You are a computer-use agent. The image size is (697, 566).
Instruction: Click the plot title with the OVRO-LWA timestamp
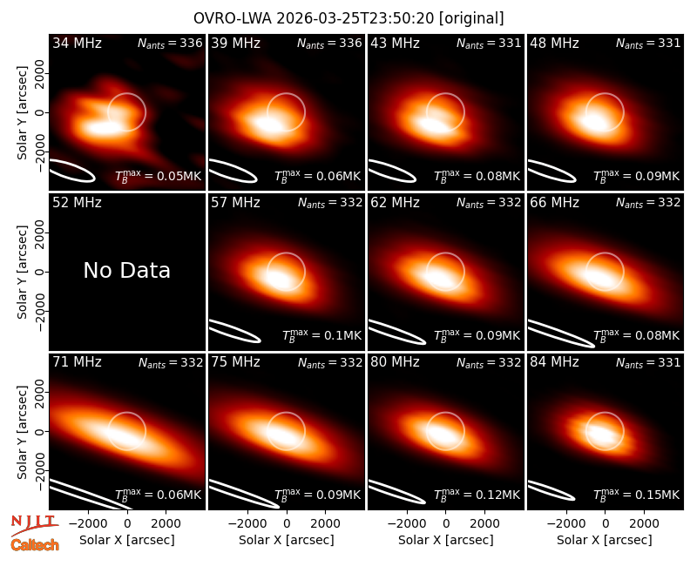click(348, 18)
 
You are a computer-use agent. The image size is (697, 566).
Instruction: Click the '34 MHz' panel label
click(77, 43)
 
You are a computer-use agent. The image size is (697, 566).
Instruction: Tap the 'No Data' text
click(126, 270)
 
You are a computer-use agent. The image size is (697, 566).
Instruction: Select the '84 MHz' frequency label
click(554, 362)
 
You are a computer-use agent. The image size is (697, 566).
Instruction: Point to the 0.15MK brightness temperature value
click(637, 495)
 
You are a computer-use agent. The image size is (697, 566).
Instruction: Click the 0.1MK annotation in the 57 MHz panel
click(322, 335)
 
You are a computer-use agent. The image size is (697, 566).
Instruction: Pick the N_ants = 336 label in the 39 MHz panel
click(329, 43)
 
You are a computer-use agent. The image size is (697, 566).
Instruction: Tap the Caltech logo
click(35, 545)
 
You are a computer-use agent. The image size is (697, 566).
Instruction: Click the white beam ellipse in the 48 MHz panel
click(552, 171)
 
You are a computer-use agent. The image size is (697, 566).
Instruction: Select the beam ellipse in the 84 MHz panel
click(551, 490)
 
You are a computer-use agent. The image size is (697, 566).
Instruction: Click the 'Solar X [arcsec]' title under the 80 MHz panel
click(445, 540)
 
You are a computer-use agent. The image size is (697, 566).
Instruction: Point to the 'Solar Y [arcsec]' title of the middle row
click(23, 272)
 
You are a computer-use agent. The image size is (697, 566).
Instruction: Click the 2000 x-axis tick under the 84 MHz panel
click(644, 524)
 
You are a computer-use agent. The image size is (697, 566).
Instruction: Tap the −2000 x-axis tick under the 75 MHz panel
click(244, 524)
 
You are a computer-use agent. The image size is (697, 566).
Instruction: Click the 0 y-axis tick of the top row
click(40, 112)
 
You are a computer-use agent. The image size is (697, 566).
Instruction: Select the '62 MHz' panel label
click(395, 203)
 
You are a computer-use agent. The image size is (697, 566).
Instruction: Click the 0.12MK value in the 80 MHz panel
click(477, 495)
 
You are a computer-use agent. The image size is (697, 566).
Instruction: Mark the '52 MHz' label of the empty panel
click(77, 203)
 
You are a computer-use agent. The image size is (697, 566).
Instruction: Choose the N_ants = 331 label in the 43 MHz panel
click(489, 43)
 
